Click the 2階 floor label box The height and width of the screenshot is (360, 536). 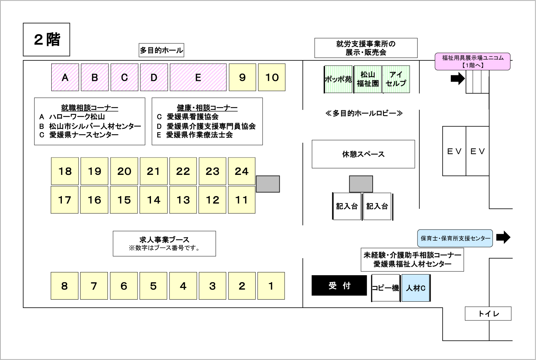pyautogui.click(x=46, y=40)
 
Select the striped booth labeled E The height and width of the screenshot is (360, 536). pyautogui.click(x=198, y=77)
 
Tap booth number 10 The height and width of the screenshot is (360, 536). pyautogui.click(x=272, y=77)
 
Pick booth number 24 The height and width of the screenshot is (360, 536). pyautogui.click(x=242, y=171)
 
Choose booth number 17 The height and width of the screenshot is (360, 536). pyautogui.click(x=65, y=200)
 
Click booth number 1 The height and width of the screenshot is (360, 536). pyautogui.click(x=271, y=286)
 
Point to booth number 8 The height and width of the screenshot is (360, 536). pyautogui.click(x=65, y=286)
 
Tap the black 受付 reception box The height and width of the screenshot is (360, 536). pyautogui.click(x=339, y=285)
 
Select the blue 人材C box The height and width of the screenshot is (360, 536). pyautogui.click(x=416, y=288)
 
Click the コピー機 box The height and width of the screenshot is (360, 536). pyautogui.click(x=385, y=288)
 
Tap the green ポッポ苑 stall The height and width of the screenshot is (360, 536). pyautogui.click(x=338, y=79)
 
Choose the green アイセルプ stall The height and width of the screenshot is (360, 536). pyautogui.click(x=396, y=79)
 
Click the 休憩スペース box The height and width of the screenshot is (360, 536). pyautogui.click(x=363, y=154)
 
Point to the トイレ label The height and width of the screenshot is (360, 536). pyautogui.click(x=488, y=314)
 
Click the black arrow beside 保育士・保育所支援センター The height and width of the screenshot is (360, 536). pyautogui.click(x=503, y=237)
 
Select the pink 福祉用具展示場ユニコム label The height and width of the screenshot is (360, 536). pyautogui.click(x=473, y=61)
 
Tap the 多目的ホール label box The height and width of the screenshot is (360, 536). pyautogui.click(x=161, y=50)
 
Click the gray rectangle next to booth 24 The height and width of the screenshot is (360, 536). pyautogui.click(x=268, y=184)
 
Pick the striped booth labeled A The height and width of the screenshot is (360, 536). pyautogui.click(x=65, y=77)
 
